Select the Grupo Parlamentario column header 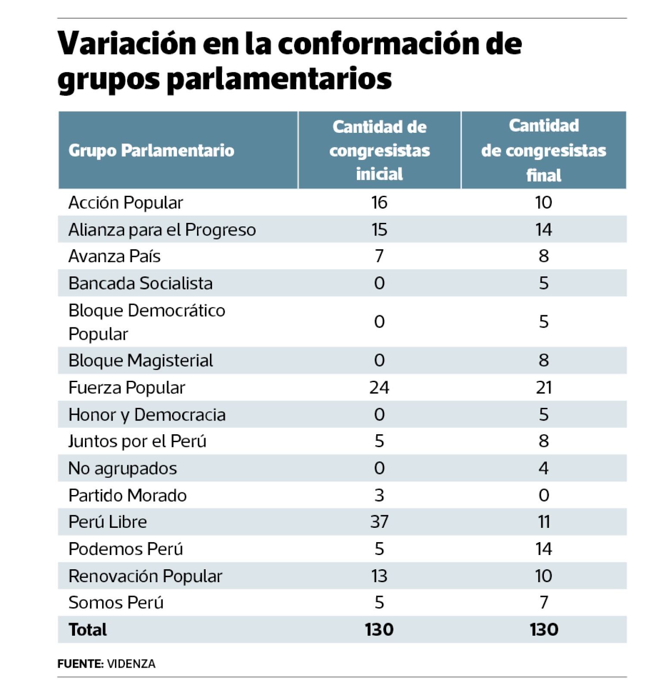151,151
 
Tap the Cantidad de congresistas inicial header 379,150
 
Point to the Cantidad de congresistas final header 544,150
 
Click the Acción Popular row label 126,203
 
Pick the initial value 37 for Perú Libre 379,522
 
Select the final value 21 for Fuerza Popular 544,387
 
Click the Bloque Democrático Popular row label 147,322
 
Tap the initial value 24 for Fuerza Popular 379,387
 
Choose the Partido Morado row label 128,495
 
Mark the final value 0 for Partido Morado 544,495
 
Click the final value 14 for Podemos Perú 544,549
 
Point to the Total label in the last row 87,630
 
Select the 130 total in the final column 544,630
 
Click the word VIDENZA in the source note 131,664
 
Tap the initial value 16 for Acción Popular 379,203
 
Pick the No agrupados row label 123,468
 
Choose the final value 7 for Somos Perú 544,602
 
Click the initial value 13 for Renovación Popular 379,576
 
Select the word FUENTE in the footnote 80,664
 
